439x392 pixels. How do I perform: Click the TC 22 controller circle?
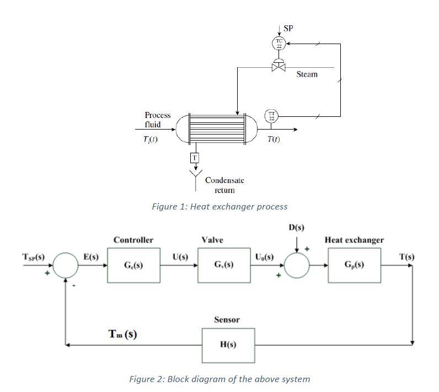point(279,43)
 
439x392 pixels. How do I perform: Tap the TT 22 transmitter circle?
point(271,116)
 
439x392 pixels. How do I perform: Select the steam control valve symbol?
point(279,67)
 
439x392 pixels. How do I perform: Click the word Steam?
point(307,74)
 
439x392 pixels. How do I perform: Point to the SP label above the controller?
point(288,28)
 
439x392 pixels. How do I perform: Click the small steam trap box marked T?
point(194,158)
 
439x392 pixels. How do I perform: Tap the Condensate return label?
point(224,185)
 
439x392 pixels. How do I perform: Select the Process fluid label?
point(157,120)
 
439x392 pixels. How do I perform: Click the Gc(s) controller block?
point(133,265)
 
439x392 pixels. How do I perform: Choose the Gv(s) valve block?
point(223,265)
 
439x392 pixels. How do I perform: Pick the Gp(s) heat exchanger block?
point(354,265)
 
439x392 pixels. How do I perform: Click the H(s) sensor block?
point(228,345)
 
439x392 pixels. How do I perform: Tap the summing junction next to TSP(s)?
point(66,265)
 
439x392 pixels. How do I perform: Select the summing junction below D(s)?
point(297,265)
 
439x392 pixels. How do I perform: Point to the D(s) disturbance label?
point(296,227)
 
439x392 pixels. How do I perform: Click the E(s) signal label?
point(90,256)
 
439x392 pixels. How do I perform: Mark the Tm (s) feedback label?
point(122,334)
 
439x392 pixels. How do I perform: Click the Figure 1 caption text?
point(219,207)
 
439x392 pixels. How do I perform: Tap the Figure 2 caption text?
point(219,379)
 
